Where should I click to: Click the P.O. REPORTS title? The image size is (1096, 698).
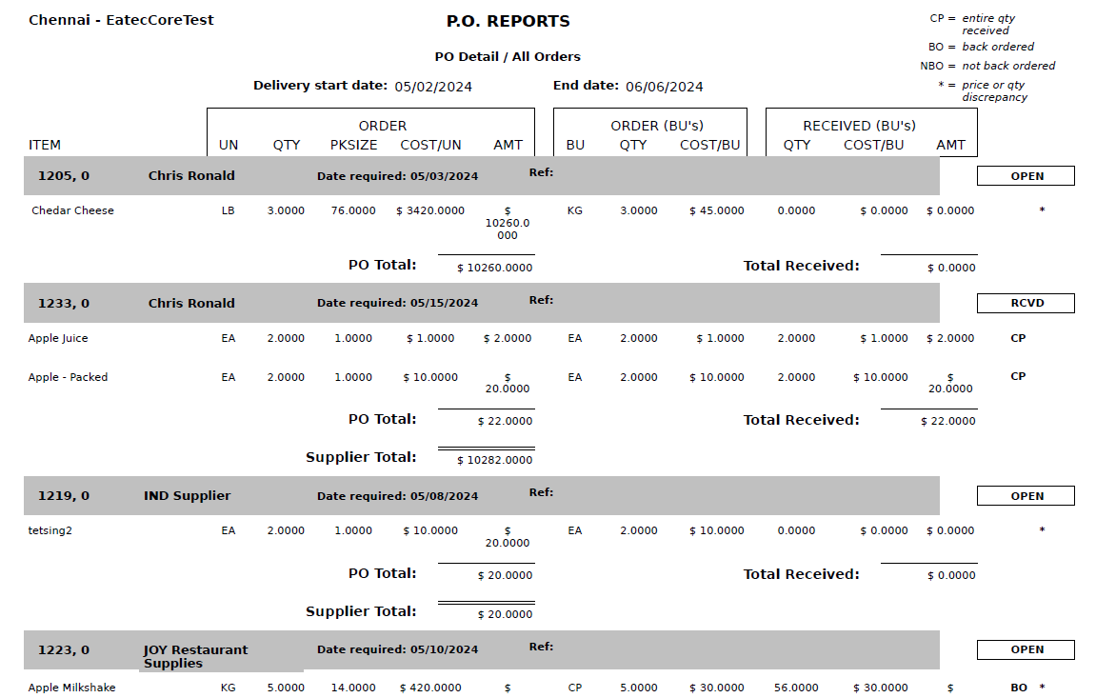point(508,21)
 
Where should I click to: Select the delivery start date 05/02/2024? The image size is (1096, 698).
point(433,87)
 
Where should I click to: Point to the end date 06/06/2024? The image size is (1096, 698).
point(664,87)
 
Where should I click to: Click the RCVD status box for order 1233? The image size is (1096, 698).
point(1026,304)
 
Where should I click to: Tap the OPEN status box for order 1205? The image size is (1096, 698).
point(1026,176)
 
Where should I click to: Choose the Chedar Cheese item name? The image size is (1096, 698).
point(72,210)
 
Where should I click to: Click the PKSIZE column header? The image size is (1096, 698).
point(354,145)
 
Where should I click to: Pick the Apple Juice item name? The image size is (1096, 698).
point(58,338)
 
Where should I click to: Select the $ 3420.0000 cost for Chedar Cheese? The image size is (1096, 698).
point(430,210)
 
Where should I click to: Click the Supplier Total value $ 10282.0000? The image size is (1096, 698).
point(494,460)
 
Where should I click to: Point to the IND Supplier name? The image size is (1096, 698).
point(187,496)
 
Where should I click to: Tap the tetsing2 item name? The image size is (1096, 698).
point(50,530)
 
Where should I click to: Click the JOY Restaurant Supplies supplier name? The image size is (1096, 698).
point(195,656)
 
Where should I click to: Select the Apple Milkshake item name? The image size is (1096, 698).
point(71,688)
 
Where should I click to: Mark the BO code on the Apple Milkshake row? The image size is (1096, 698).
point(1018,688)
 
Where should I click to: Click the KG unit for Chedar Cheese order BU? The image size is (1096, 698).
point(574,210)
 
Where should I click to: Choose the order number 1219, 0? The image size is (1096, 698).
point(64,496)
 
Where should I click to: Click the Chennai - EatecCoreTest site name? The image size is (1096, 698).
point(121,19)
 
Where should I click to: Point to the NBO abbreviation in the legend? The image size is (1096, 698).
point(931,66)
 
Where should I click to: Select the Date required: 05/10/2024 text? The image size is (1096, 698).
point(397,649)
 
